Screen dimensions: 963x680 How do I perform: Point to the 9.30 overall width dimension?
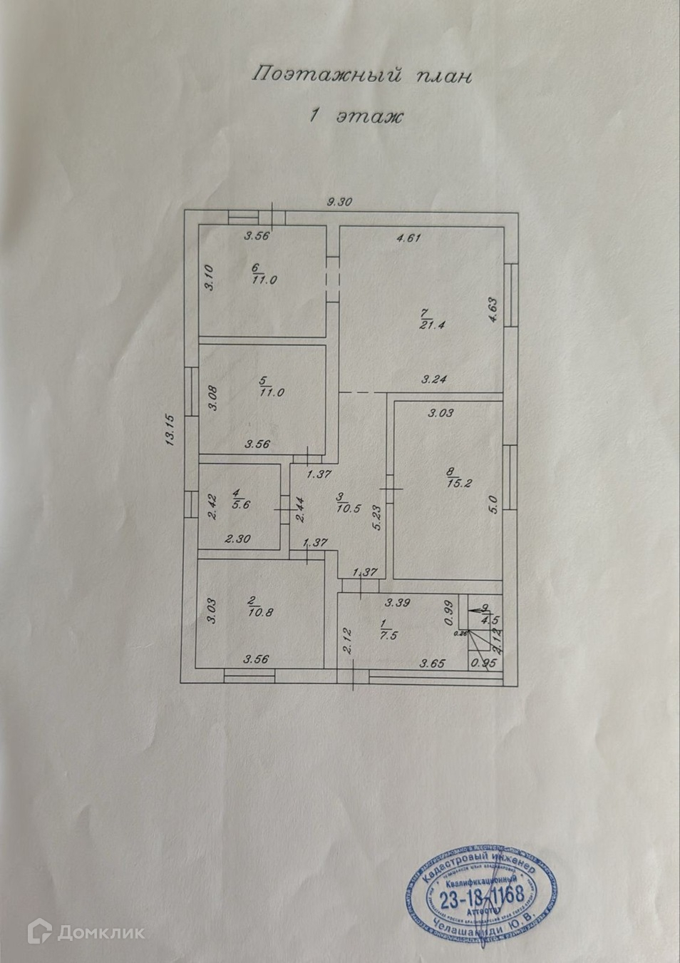tap(340, 202)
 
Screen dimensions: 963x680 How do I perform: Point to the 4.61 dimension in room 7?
tap(408, 238)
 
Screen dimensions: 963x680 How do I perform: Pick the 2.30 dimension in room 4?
tap(237, 540)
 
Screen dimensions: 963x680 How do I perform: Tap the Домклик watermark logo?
tap(86, 931)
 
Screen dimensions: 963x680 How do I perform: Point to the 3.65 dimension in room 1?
tap(433, 663)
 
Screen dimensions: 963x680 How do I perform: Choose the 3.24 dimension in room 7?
tap(433, 379)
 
